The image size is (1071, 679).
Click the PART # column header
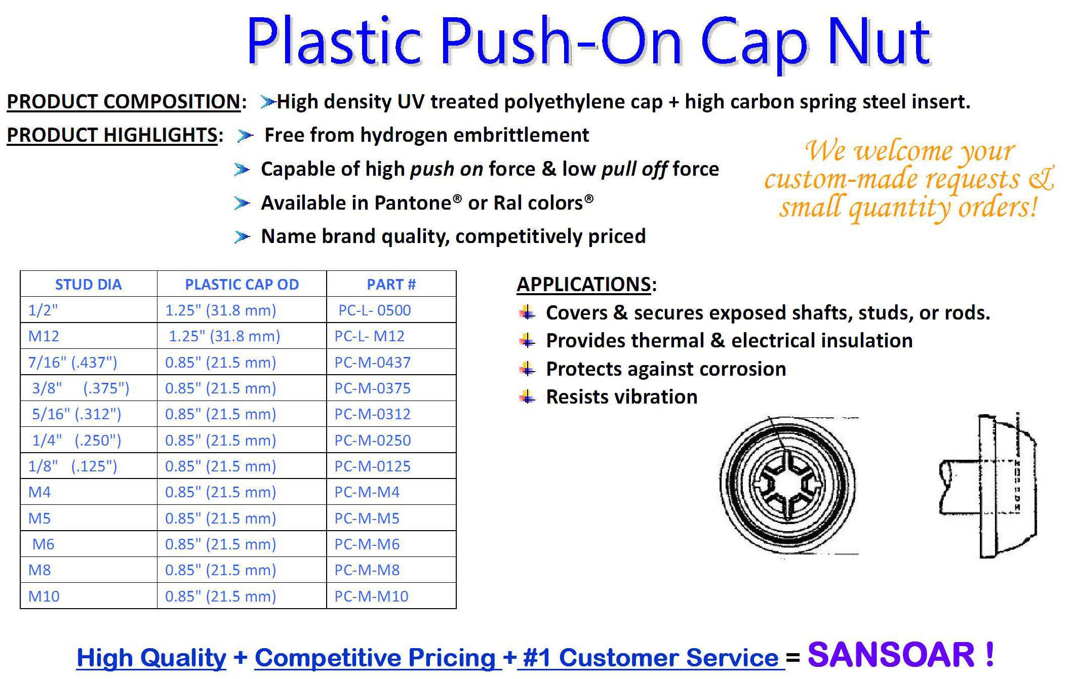[x=391, y=285]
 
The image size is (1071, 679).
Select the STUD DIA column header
[x=88, y=285]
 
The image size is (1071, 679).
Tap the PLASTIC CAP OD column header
[x=242, y=285]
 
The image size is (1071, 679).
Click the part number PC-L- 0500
[x=375, y=310]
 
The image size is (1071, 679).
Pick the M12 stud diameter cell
[x=44, y=336]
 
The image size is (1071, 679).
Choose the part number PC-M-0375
[x=372, y=388]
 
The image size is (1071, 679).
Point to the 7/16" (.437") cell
[x=72, y=363]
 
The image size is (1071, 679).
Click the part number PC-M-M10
[x=371, y=596]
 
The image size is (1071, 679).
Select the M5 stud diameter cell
[x=39, y=518]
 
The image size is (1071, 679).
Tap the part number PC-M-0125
[x=372, y=466]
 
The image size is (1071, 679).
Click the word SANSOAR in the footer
[x=891, y=655]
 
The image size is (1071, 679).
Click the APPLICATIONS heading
[x=583, y=285]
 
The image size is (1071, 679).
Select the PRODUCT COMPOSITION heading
[x=124, y=102]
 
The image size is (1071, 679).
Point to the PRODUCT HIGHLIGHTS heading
[x=112, y=135]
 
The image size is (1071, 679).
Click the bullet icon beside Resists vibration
[x=527, y=397]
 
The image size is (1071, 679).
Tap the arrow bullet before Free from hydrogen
[x=245, y=136]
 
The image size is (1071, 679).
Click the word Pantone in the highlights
[x=413, y=203]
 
